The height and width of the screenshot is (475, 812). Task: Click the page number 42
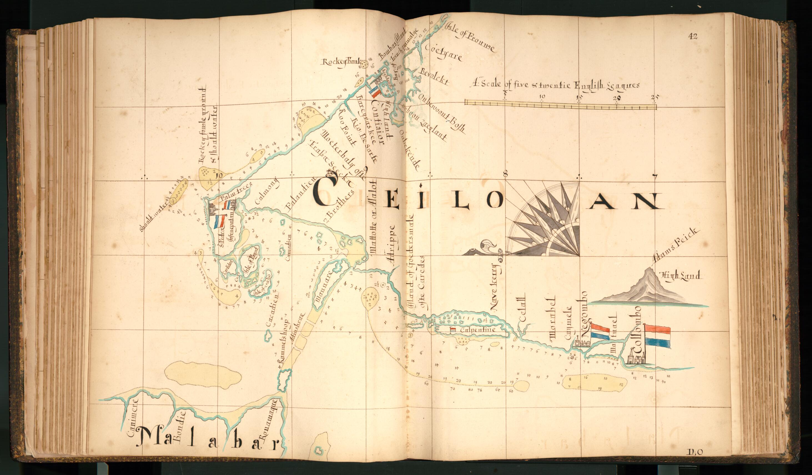pyautogui.click(x=692, y=36)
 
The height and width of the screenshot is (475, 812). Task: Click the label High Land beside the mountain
pyautogui.click(x=680, y=276)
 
